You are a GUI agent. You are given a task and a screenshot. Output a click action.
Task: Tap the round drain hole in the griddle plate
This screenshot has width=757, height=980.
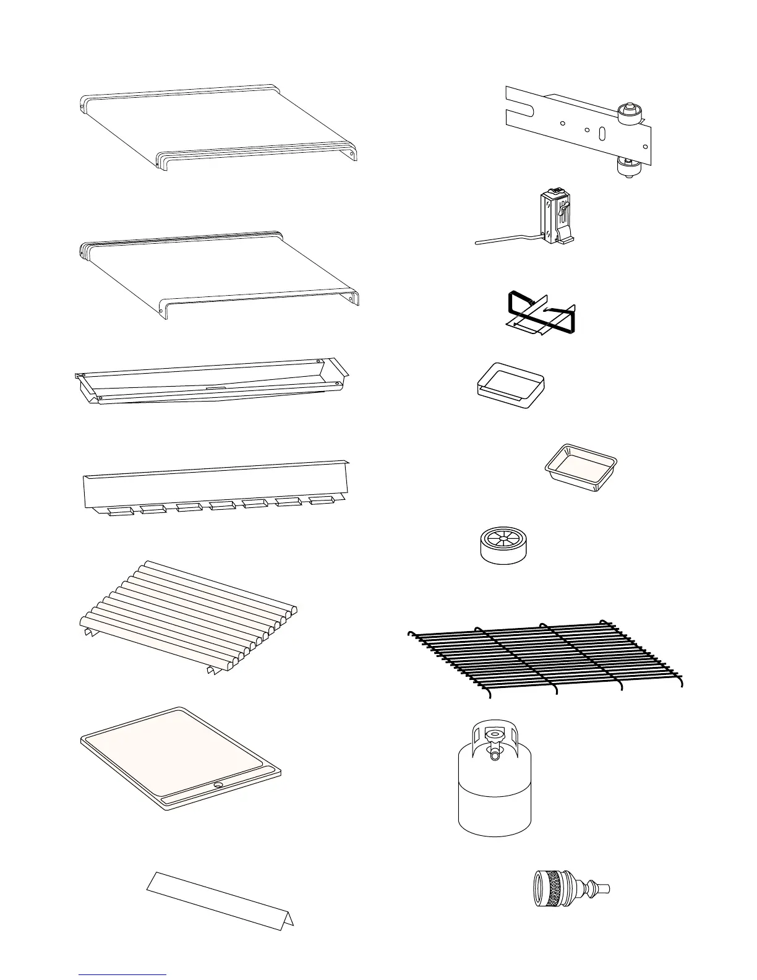coord(218,784)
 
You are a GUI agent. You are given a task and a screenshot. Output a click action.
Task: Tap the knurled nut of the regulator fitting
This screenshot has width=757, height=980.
coord(548,888)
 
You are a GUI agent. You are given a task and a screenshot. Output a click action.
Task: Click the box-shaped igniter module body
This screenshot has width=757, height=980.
coord(554,217)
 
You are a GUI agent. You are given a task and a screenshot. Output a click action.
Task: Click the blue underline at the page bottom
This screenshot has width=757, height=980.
coord(122,975)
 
